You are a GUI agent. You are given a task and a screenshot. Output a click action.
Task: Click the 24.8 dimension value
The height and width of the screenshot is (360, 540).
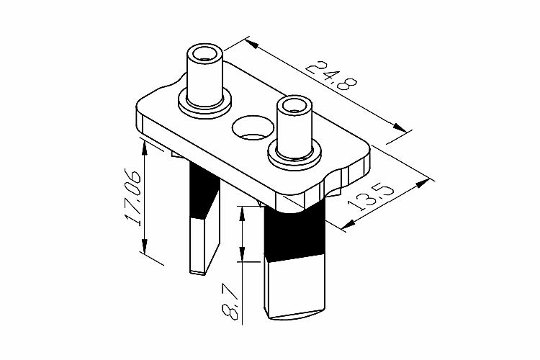(x=332, y=76)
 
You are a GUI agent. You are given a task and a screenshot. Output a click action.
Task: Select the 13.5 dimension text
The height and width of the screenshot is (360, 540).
(x=370, y=199)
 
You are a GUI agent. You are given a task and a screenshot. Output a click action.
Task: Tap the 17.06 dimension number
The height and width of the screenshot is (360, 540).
(x=132, y=197)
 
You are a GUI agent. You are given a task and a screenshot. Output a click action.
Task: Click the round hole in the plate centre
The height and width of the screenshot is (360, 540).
(x=253, y=127)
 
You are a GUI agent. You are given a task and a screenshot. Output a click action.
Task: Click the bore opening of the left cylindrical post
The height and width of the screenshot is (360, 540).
(x=205, y=54)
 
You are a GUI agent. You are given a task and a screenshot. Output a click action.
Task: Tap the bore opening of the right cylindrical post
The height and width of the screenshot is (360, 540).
(x=294, y=104)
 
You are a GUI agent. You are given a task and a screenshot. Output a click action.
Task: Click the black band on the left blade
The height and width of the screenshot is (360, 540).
(x=204, y=192)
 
